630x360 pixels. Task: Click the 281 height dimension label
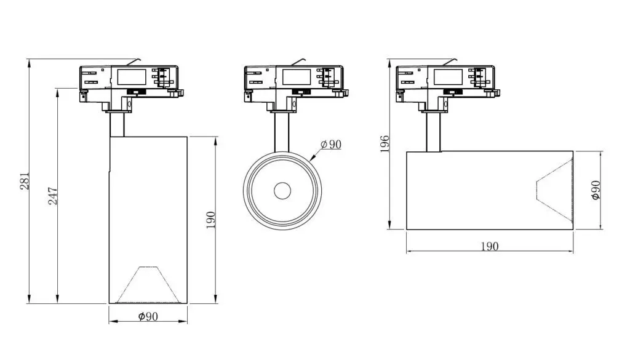pyautogui.click(x=25, y=181)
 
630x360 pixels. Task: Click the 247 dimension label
pyautogui.click(x=53, y=196)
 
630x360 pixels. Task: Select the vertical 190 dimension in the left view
pyautogui.click(x=210, y=220)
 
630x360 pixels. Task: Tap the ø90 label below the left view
pyautogui.click(x=148, y=316)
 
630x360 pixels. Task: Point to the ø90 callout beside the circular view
pyautogui.click(x=330, y=144)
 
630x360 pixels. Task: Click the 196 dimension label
pyautogui.click(x=385, y=144)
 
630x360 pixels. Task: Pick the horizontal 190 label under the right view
pyautogui.click(x=489, y=246)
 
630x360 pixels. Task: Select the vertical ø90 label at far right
pyautogui.click(x=596, y=190)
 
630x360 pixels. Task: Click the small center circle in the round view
pyautogui.click(x=282, y=191)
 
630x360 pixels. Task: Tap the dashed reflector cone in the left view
pyautogui.click(x=147, y=284)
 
